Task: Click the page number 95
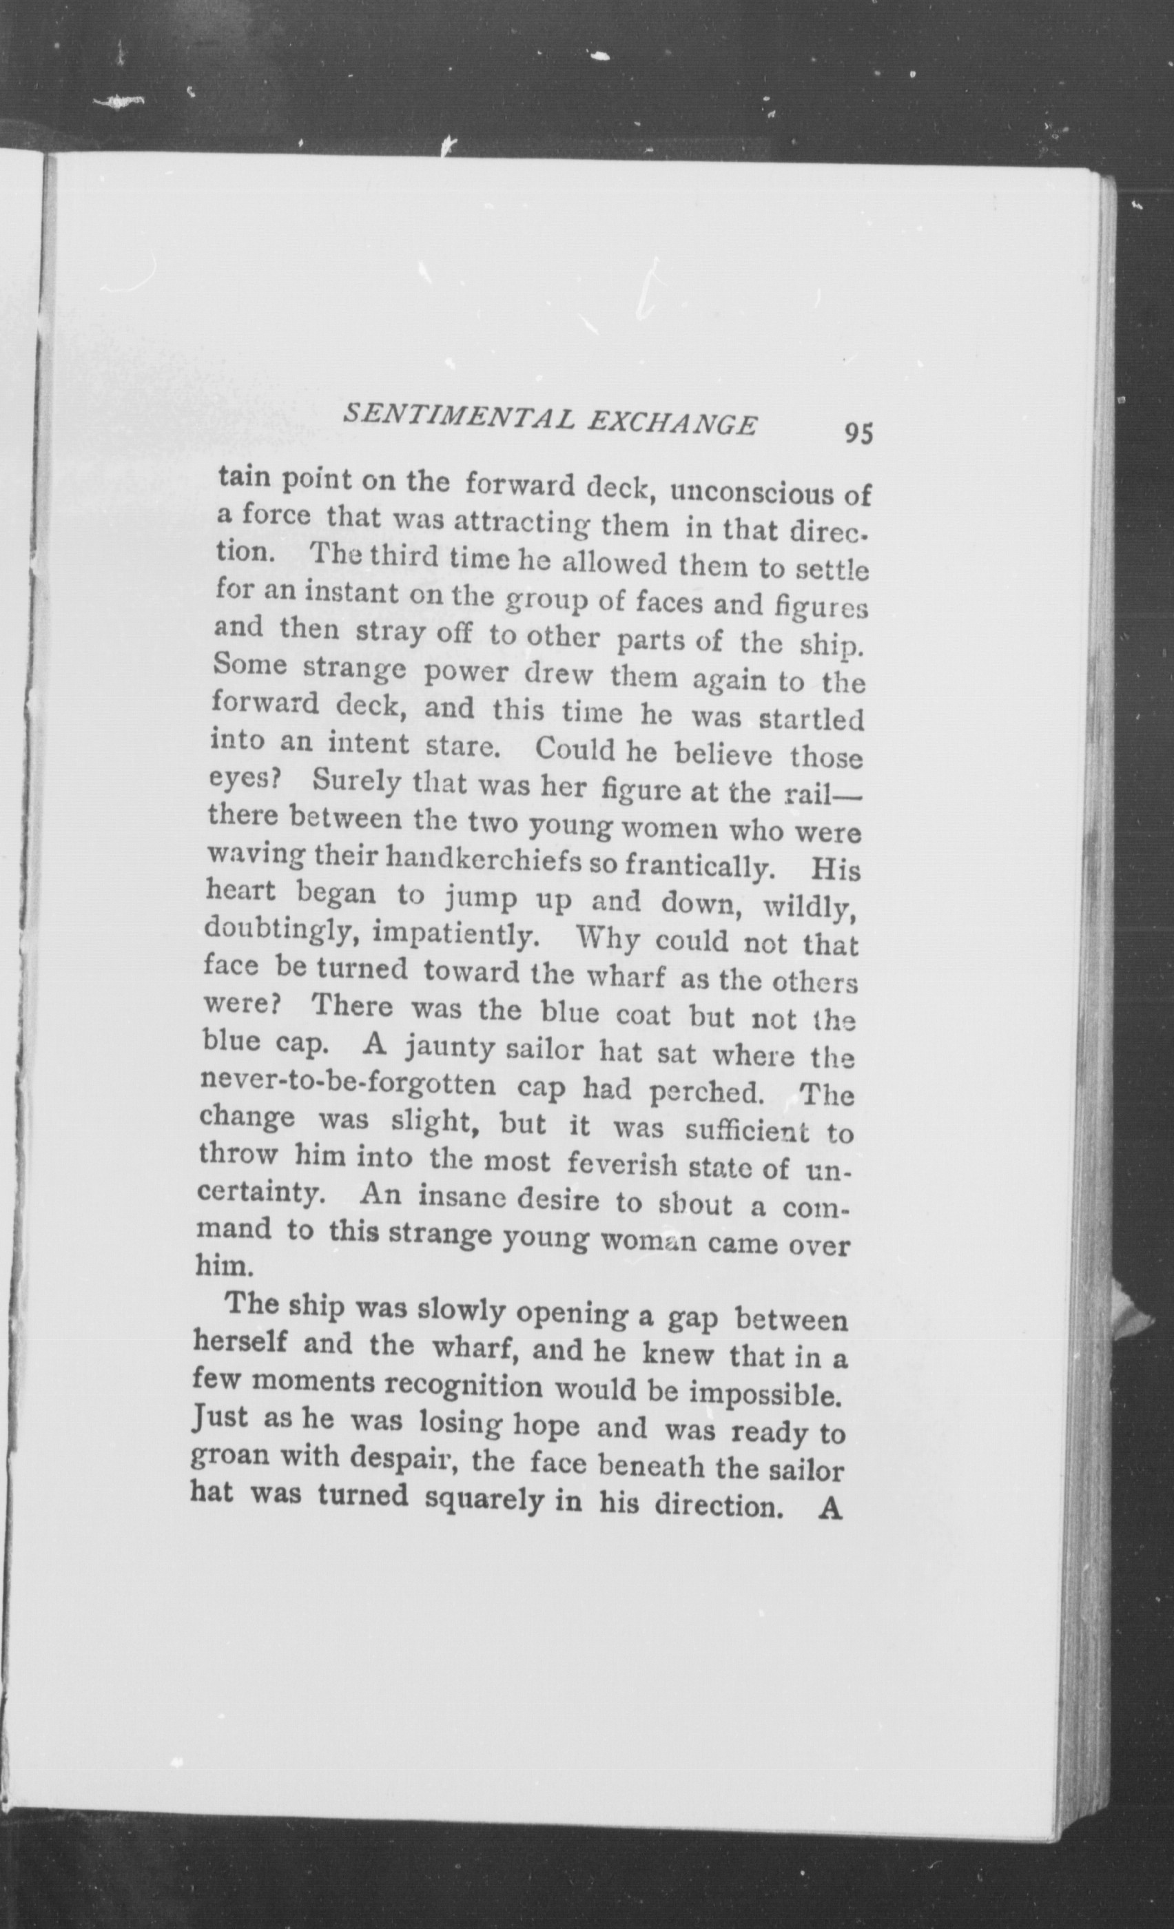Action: [858, 432]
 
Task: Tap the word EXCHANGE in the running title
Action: [672, 424]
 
